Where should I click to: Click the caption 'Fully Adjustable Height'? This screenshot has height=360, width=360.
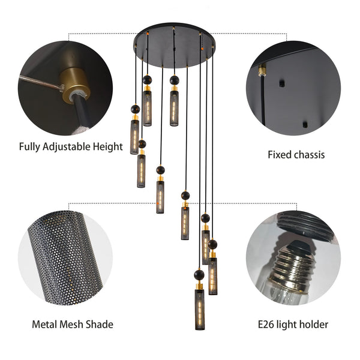coord(70,146)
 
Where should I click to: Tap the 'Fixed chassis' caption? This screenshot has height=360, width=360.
coord(296,155)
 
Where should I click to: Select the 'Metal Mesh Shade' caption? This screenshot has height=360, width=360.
coord(73,325)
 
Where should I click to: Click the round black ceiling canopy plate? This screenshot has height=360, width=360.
coord(174,35)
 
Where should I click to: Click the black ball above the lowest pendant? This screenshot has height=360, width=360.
coord(199,274)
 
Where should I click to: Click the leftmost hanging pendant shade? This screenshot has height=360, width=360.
coord(134,137)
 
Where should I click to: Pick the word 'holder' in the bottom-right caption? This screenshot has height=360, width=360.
coord(313,325)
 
